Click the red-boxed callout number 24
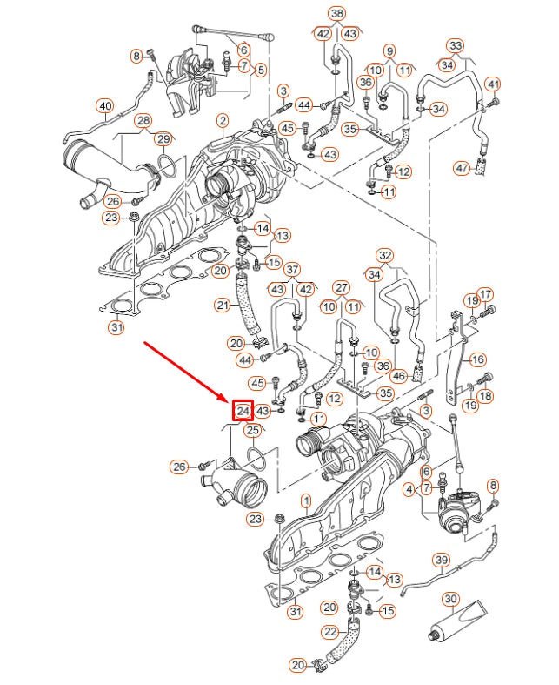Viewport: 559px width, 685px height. (x=243, y=410)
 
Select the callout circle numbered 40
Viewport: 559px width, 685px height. (x=104, y=107)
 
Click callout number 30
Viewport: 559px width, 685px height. (x=450, y=599)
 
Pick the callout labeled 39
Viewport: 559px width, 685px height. (x=441, y=560)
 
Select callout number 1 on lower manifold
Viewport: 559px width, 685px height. (x=305, y=501)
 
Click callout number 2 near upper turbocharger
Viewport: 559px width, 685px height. (x=223, y=119)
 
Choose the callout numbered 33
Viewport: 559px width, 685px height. (x=455, y=45)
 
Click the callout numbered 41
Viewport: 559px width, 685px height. (x=493, y=84)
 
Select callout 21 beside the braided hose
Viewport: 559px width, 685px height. (x=223, y=305)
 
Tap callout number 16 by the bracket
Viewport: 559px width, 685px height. (x=477, y=359)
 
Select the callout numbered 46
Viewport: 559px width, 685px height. (x=398, y=376)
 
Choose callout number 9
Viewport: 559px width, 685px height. (x=389, y=50)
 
